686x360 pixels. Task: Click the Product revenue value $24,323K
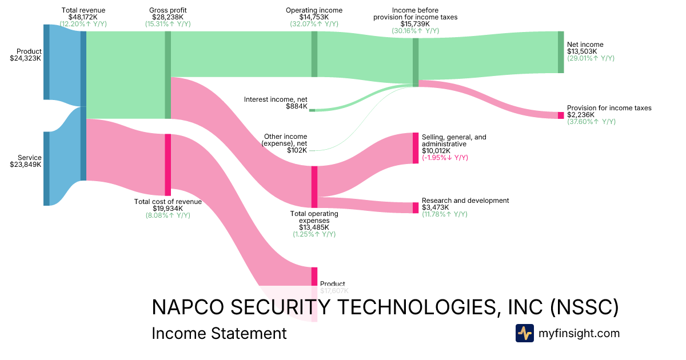click(x=26, y=58)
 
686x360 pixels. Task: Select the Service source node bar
click(x=46, y=168)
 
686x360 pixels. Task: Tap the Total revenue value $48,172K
click(x=83, y=17)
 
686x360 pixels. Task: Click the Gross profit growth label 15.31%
click(x=167, y=24)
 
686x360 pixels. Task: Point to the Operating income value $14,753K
click(x=314, y=17)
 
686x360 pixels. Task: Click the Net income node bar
click(x=561, y=52)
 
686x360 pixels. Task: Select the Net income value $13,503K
click(x=582, y=51)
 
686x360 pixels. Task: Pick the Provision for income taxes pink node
click(x=561, y=115)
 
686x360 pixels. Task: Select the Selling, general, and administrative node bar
click(x=416, y=148)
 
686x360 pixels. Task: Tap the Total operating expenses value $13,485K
click(x=314, y=227)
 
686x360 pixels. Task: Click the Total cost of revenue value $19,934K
click(x=167, y=209)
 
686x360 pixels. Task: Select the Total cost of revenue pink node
click(x=167, y=165)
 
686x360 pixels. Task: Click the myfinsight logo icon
click(x=524, y=333)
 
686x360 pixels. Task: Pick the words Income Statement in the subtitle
click(x=219, y=334)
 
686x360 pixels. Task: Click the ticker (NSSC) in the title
click(x=584, y=307)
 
